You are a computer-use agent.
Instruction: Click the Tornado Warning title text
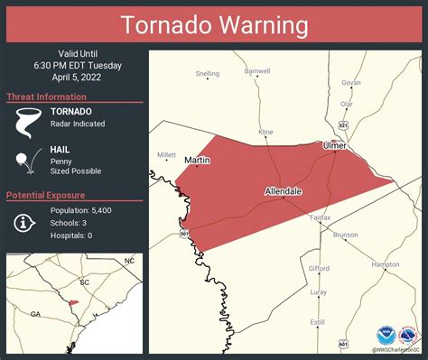coord(214,25)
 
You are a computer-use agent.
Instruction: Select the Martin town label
coord(197,160)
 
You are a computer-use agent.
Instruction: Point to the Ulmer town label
coord(335,144)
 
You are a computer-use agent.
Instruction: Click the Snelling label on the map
coord(207,73)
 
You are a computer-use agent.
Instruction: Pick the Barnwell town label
coord(257,70)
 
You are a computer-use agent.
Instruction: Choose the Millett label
coord(166,154)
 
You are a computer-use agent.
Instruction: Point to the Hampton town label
coord(386,264)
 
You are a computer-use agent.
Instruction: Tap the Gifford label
coord(319,268)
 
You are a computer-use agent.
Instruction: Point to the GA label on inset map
coord(35,314)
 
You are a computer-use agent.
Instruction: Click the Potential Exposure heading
coord(46,195)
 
